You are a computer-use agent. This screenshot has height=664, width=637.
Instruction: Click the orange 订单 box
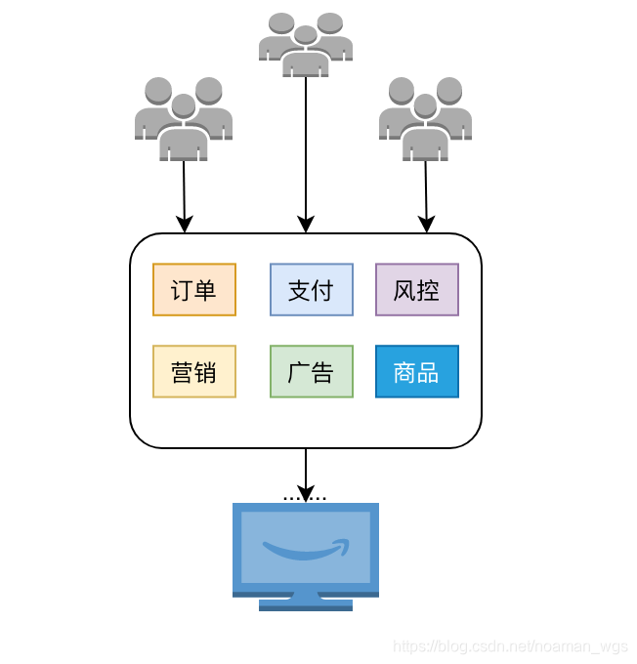(194, 290)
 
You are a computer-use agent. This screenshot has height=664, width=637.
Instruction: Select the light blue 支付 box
(312, 290)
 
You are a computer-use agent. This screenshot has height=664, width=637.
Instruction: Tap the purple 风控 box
(417, 290)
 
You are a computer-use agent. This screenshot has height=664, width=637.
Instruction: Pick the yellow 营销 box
(194, 372)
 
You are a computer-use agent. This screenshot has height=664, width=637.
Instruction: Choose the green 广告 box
(312, 372)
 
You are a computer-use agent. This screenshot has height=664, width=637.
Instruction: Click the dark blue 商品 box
(417, 372)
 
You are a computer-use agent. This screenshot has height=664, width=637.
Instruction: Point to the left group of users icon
(184, 119)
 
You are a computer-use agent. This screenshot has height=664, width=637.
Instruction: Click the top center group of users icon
(306, 44)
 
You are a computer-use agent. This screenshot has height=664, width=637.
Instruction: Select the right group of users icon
(425, 119)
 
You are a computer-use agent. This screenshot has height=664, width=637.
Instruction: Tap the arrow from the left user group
(184, 195)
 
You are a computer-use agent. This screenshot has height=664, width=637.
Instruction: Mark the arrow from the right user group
(426, 195)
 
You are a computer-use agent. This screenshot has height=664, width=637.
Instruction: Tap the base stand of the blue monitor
(306, 603)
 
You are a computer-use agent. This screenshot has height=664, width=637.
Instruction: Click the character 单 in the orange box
(205, 290)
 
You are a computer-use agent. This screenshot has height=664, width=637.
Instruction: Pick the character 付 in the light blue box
(322, 290)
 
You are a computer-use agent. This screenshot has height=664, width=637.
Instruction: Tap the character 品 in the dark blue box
(428, 372)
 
